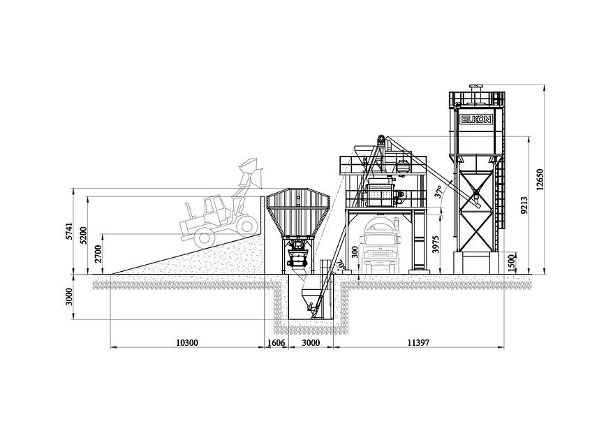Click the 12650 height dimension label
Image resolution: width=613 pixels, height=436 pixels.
tap(540, 180)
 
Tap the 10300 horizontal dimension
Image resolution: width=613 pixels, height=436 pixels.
tap(187, 343)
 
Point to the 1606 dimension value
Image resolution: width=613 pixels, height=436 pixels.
tap(276, 343)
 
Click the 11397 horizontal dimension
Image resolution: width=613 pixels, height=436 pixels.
tap(418, 343)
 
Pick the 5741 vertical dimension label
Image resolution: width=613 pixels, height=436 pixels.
tap(69, 231)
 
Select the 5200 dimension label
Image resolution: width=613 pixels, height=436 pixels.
tap(83, 235)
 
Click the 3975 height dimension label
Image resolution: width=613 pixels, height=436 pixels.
tap(436, 245)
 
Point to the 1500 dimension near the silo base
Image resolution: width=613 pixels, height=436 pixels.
tap(512, 263)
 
